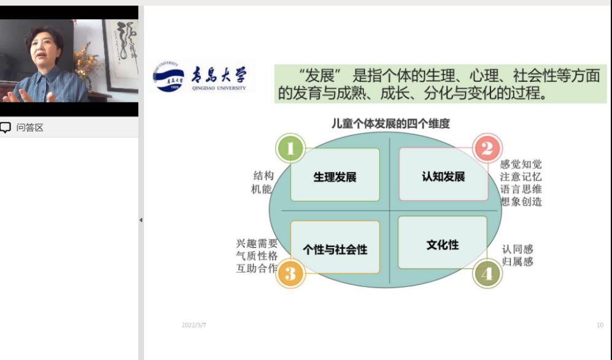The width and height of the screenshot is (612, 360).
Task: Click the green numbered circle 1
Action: coord(290,149)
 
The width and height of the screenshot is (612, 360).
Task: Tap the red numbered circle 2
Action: coord(487,149)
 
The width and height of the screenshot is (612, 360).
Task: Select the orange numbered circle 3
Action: coord(290,273)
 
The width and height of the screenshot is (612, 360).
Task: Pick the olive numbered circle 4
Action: coord(487,273)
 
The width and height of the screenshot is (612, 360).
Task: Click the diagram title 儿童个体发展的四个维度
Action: coord(390,123)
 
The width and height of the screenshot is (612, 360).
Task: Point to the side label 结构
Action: coord(263,176)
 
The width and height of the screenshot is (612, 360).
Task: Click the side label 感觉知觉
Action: coord(521,164)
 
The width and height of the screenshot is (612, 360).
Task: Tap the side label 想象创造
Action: coord(521,202)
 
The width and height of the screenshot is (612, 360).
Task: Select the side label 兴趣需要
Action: coord(257,244)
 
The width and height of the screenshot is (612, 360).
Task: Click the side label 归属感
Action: coord(517,261)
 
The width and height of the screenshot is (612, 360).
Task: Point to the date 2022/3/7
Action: coord(194,325)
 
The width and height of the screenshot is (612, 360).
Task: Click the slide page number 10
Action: coord(600,325)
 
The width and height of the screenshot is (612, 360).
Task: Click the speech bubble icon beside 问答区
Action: coord(6,127)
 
